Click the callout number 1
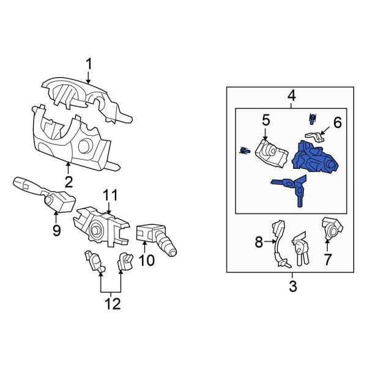pyautogui.click(x=89, y=63)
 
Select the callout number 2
pyautogui.click(x=69, y=181)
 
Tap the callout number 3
pyautogui.click(x=292, y=286)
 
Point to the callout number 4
pyautogui.click(x=292, y=96)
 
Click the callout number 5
pyautogui.click(x=266, y=120)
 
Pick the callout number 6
pyautogui.click(x=337, y=122)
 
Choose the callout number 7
pyautogui.click(x=327, y=260)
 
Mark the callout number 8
pyautogui.click(x=259, y=243)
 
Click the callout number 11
pyautogui.click(x=109, y=195)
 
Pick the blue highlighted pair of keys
pyautogui.click(x=292, y=186)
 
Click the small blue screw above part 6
pyautogui.click(x=312, y=118)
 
